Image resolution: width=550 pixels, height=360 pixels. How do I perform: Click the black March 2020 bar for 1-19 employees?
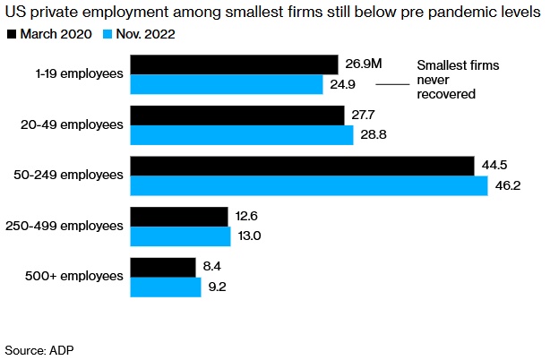[x=234, y=64]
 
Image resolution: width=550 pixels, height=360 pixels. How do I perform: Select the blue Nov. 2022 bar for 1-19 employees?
[x=227, y=84]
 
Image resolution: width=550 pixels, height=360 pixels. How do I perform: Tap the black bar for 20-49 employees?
[x=237, y=116]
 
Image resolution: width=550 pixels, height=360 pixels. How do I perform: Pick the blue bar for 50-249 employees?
[x=309, y=186]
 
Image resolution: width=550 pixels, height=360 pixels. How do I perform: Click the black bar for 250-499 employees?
[x=179, y=218]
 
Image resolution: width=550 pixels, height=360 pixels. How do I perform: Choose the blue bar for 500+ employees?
[x=166, y=288]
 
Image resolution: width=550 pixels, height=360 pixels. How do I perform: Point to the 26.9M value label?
[x=364, y=64]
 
